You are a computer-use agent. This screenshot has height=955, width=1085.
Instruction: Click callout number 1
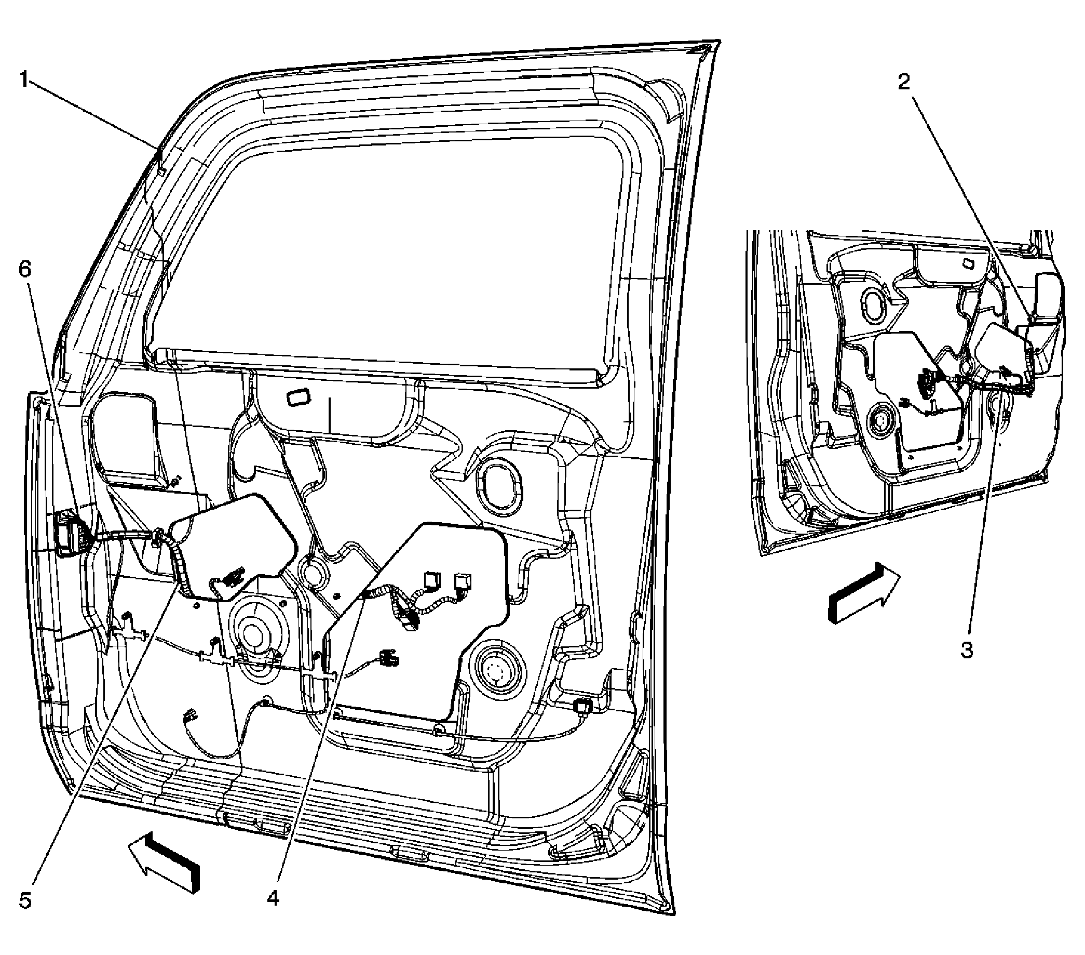pos(24,80)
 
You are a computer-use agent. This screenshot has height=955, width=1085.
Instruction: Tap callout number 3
pos(967,649)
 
